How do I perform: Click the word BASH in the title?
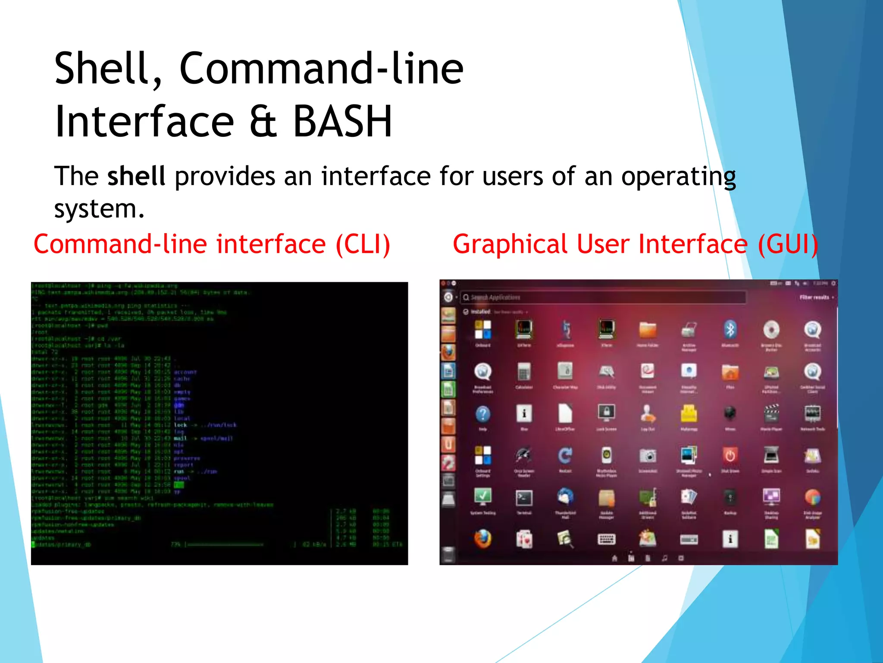[x=342, y=122]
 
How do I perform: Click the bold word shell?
[x=136, y=176]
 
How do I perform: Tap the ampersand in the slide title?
[x=263, y=123]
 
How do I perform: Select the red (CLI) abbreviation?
[x=363, y=244]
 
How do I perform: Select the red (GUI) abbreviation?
[x=787, y=244]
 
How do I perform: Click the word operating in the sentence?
[x=678, y=177]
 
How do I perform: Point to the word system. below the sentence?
[x=99, y=209]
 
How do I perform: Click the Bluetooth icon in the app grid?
[x=730, y=330]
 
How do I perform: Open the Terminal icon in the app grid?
[x=524, y=499]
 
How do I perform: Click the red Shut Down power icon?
[x=730, y=456]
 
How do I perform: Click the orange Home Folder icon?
[x=647, y=330]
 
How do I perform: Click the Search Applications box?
[x=604, y=297]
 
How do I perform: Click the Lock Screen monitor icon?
[x=606, y=414]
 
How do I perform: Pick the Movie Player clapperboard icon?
[x=771, y=414]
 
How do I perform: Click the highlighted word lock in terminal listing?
[x=180, y=425]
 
